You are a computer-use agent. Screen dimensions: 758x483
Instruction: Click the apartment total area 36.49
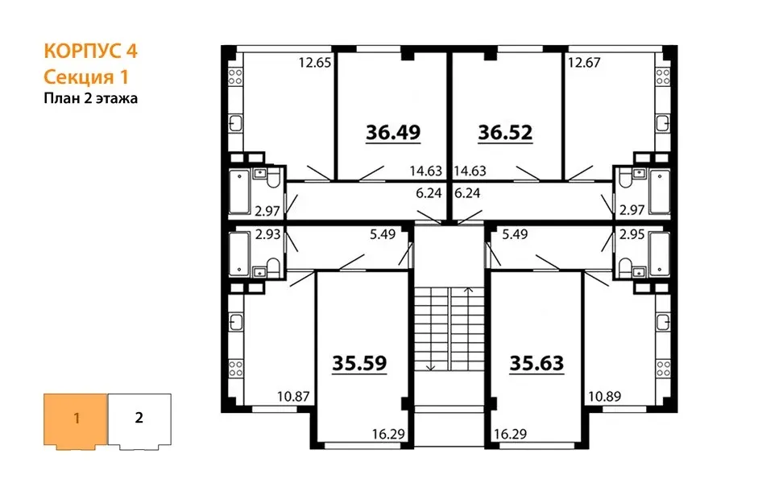[393, 132]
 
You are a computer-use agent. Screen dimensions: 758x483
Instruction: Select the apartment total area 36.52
[505, 132]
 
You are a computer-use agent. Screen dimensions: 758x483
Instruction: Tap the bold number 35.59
[359, 363]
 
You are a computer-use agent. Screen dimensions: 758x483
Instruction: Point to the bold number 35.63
[536, 363]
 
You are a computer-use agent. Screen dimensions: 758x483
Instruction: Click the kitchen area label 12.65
[314, 63]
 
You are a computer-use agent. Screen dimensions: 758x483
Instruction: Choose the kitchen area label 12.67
[584, 63]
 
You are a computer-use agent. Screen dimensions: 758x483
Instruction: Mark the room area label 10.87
[293, 397]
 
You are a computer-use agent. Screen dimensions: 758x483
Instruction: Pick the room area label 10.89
[605, 397]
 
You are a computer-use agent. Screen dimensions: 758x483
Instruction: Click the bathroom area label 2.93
[267, 234]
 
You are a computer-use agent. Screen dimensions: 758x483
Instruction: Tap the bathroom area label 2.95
[632, 234]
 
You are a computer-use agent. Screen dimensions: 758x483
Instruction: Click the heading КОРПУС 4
[90, 51]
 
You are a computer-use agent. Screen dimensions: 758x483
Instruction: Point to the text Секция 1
[86, 76]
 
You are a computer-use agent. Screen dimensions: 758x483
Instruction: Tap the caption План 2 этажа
[91, 98]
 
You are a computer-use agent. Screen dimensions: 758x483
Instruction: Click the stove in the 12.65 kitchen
[235, 76]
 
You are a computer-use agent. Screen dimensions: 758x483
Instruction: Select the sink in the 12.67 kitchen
[663, 122]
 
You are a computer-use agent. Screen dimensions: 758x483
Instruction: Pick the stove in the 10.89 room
[663, 368]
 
